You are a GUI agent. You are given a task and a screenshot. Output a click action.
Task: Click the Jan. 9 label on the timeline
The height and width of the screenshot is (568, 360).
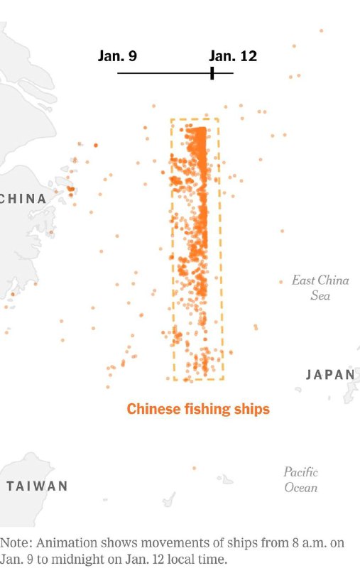coord(117,56)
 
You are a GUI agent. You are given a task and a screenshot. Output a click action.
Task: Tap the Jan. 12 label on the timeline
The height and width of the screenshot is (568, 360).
coord(233,56)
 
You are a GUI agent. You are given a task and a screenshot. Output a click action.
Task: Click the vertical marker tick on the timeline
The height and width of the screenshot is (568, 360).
coord(212,72)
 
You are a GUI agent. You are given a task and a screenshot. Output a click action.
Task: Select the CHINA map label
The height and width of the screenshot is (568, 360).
coord(23,198)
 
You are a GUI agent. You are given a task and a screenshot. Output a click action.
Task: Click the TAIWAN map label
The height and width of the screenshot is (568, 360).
coord(38,486)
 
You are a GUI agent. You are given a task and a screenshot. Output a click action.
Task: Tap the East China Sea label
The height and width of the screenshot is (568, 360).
coord(320,287)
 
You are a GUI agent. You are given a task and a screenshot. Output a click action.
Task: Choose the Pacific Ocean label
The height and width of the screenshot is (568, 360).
coord(300,479)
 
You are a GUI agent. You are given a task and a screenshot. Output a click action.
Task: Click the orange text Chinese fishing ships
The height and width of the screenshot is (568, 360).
coord(198,409)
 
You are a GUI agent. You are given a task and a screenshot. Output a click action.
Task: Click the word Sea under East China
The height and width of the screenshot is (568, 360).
coord(320,295)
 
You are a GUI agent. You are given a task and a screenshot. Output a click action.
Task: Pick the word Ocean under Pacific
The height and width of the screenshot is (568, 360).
coord(300,488)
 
